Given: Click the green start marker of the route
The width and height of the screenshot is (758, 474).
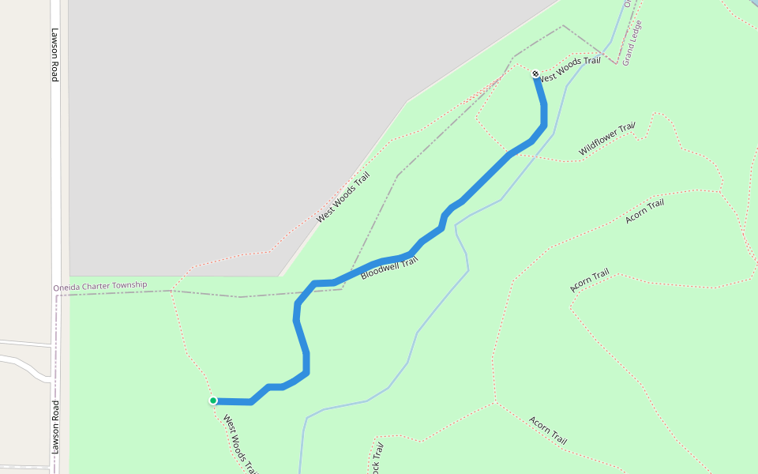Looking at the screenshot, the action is (x=213, y=401).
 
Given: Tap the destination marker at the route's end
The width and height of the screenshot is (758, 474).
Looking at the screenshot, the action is (x=536, y=73).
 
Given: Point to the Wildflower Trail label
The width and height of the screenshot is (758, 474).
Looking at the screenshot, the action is (x=607, y=138).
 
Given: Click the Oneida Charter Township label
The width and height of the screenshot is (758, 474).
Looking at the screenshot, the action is (x=99, y=285).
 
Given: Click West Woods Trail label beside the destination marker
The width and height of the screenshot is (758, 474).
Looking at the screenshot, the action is (x=569, y=67).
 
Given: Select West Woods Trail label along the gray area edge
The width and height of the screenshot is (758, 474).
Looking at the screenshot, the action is (x=343, y=197).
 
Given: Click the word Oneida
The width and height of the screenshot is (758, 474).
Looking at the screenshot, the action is (x=67, y=286).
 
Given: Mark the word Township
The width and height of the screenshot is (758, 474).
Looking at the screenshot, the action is (x=129, y=284).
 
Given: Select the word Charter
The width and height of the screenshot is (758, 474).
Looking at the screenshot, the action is (x=96, y=285).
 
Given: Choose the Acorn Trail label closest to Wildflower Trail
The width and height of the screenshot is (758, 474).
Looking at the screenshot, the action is (x=644, y=212).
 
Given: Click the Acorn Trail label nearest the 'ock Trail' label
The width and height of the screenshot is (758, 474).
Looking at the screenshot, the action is (x=548, y=430).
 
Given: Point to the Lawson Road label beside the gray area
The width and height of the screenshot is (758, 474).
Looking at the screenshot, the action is (x=54, y=55).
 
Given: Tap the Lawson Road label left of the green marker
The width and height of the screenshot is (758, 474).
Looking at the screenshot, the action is (x=54, y=427).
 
